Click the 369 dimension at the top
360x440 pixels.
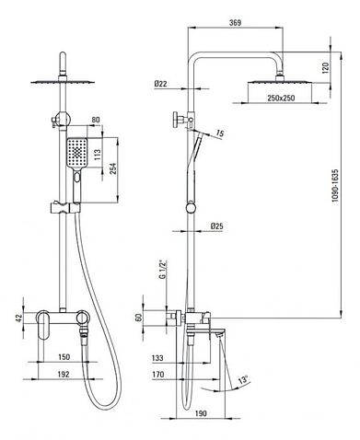(x=235, y=23)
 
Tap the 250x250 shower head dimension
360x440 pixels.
(x=281, y=98)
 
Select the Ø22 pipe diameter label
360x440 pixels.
(x=161, y=84)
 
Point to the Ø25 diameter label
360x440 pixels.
(x=217, y=226)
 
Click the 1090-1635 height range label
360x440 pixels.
(x=335, y=185)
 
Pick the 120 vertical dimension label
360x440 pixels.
(x=326, y=67)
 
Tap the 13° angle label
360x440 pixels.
(x=244, y=379)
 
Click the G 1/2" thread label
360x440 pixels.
(x=162, y=269)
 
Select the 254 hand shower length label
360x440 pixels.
(x=113, y=168)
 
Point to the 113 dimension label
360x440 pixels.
(x=98, y=155)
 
